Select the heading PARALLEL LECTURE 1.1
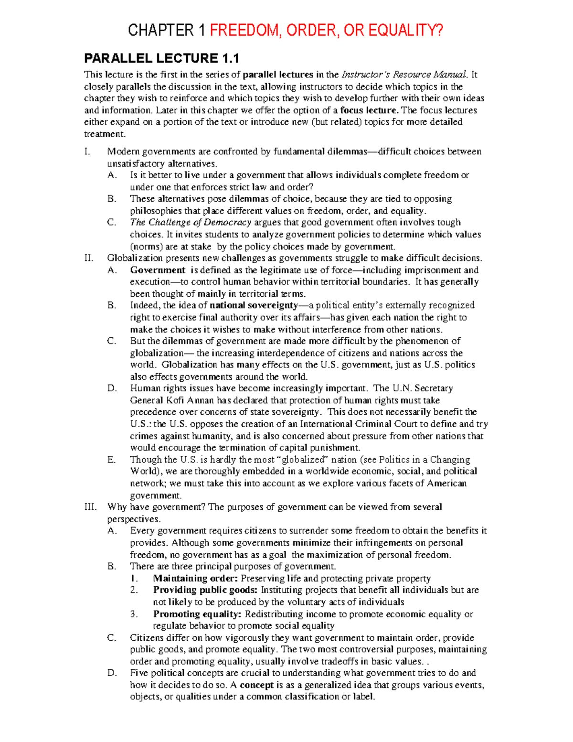161,58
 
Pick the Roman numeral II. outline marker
89,258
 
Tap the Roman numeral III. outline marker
91,507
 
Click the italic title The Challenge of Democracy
191,223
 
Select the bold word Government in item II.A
158,270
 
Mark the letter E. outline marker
112,460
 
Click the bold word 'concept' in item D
256,685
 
